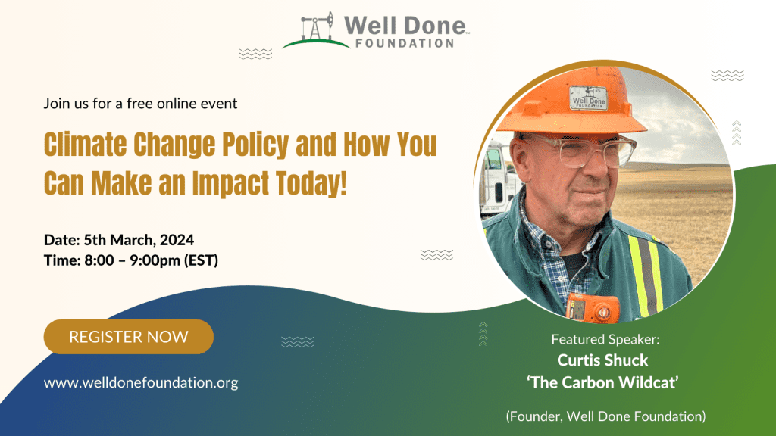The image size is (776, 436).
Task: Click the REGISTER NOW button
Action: click(x=129, y=337)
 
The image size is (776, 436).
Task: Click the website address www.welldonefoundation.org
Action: click(x=141, y=382)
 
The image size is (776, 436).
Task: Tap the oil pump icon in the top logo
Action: click(x=318, y=26)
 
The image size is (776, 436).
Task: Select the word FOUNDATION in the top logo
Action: click(x=405, y=43)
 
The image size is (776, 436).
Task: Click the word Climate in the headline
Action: click(x=85, y=145)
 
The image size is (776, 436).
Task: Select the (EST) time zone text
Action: click(x=201, y=260)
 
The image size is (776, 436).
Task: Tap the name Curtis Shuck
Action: click(x=602, y=360)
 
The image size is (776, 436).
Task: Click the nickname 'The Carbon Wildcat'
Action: click(x=602, y=382)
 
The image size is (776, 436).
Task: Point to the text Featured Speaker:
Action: click(x=605, y=339)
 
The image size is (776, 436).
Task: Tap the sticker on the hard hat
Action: click(x=588, y=98)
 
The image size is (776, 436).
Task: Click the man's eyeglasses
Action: click(x=584, y=151)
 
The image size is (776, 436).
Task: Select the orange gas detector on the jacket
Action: click(x=592, y=307)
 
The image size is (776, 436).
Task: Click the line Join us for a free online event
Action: click(x=140, y=103)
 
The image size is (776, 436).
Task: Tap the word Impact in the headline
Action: click(x=231, y=183)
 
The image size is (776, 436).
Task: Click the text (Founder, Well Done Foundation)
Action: click(x=605, y=416)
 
